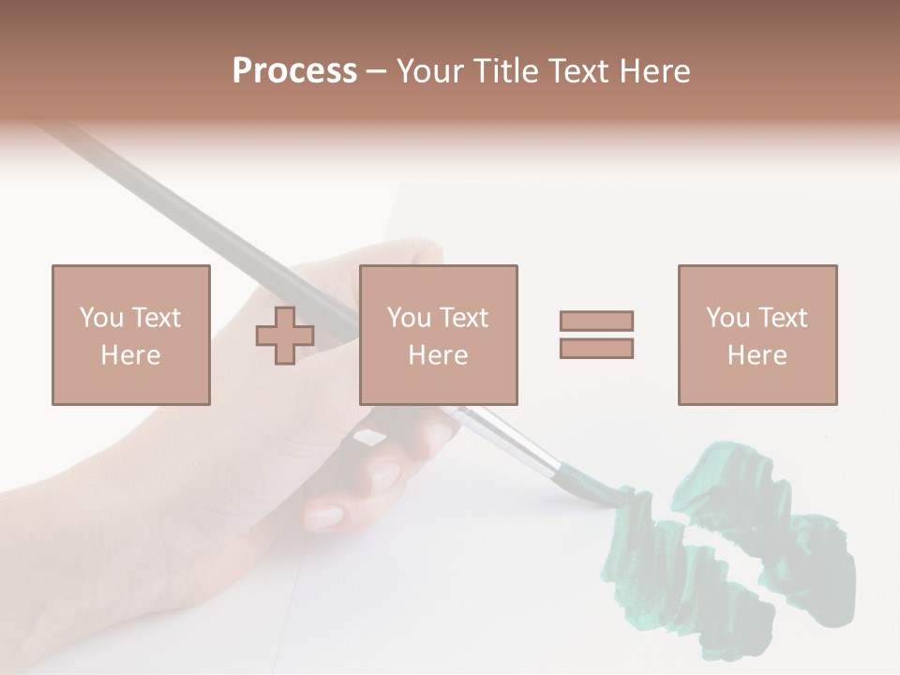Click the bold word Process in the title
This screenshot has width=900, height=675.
point(294,71)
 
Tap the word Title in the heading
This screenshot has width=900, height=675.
point(507,71)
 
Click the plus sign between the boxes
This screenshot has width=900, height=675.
point(285,336)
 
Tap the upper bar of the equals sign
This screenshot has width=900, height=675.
point(596,321)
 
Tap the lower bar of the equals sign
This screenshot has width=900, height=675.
point(596,349)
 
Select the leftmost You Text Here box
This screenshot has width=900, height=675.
point(131,335)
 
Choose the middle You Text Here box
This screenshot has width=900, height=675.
point(438,335)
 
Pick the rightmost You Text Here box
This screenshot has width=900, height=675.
point(757,335)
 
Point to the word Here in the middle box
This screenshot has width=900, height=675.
point(438,355)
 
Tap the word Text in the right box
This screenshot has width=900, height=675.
point(784,318)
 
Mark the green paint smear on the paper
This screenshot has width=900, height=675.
point(731,553)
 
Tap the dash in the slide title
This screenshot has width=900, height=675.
point(377,72)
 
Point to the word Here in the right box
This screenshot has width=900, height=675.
point(757,355)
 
